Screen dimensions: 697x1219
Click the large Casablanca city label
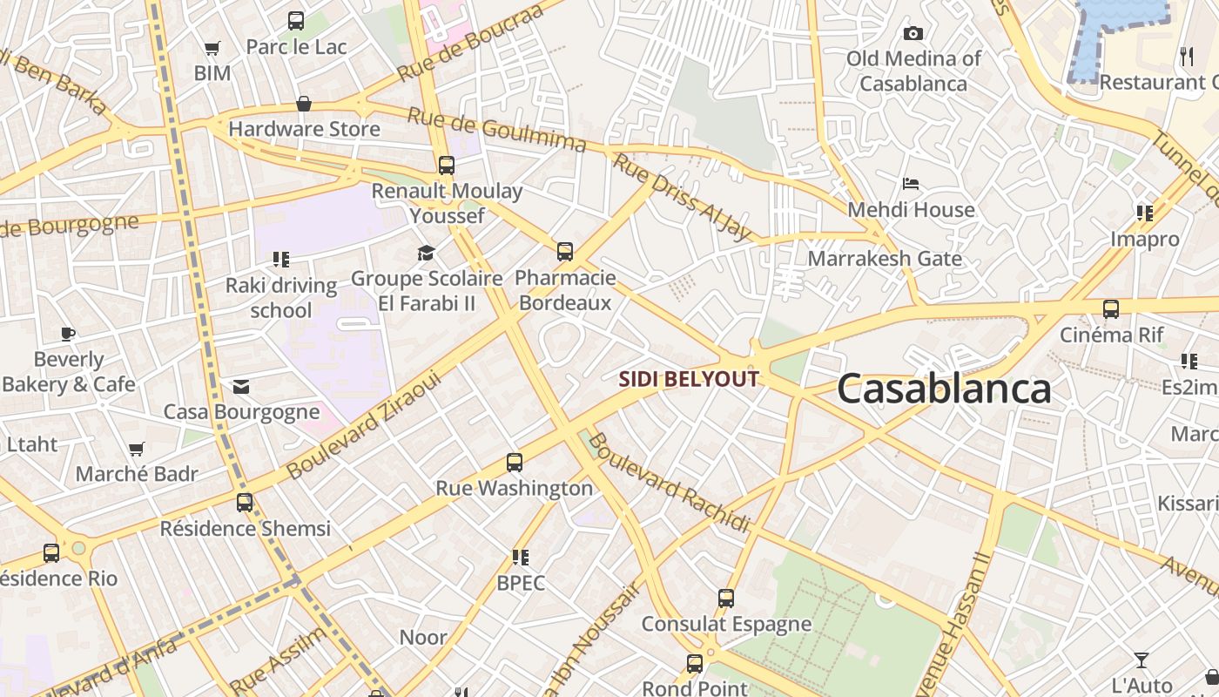click(x=944, y=389)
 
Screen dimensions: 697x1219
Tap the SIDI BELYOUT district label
click(x=689, y=379)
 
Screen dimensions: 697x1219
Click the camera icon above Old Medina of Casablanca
click(x=913, y=33)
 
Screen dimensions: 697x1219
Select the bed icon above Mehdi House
click(x=911, y=184)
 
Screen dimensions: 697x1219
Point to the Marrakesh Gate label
click(x=885, y=259)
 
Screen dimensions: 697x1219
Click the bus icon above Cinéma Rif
click(x=1110, y=308)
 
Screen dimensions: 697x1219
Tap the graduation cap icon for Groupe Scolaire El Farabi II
click(x=426, y=253)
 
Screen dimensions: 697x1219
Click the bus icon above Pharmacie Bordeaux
click(x=565, y=252)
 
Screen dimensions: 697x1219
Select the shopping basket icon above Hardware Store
click(x=304, y=104)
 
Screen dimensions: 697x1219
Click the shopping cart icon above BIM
click(x=212, y=48)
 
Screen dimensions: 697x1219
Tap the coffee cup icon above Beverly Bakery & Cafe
click(x=68, y=334)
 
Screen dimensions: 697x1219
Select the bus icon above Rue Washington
click(x=515, y=463)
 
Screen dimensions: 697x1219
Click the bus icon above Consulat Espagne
click(x=726, y=599)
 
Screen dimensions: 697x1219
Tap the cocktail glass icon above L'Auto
click(x=1142, y=660)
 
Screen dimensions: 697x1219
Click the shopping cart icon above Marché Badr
click(x=137, y=449)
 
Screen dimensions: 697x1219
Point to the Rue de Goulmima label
click(x=496, y=130)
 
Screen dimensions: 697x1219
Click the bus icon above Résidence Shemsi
click(x=245, y=503)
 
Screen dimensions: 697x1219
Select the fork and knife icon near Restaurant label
click(x=1187, y=57)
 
